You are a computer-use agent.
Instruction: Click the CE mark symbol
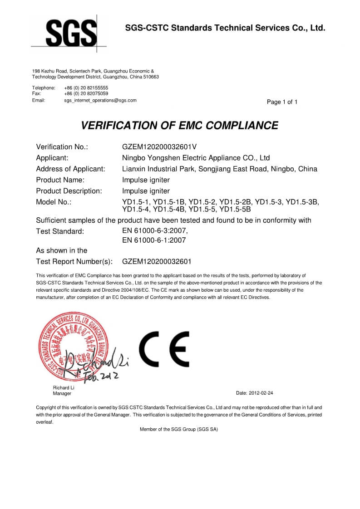click(164, 349)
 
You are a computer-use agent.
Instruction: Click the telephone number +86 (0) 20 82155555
click(86, 88)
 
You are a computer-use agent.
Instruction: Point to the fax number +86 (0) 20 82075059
click(86, 93)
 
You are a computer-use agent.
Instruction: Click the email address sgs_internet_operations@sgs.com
click(100, 100)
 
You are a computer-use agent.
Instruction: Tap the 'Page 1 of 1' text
click(282, 102)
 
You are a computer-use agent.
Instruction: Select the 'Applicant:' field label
click(52, 158)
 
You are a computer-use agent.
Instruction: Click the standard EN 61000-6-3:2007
click(155, 231)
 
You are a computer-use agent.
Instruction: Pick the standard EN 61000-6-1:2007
click(154, 240)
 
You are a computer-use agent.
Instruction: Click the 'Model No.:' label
click(54, 202)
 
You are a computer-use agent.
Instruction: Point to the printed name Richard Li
click(64, 387)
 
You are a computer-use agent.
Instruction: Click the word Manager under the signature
click(62, 393)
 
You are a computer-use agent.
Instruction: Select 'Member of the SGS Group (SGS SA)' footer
click(179, 429)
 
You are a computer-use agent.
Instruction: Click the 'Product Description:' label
click(69, 191)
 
